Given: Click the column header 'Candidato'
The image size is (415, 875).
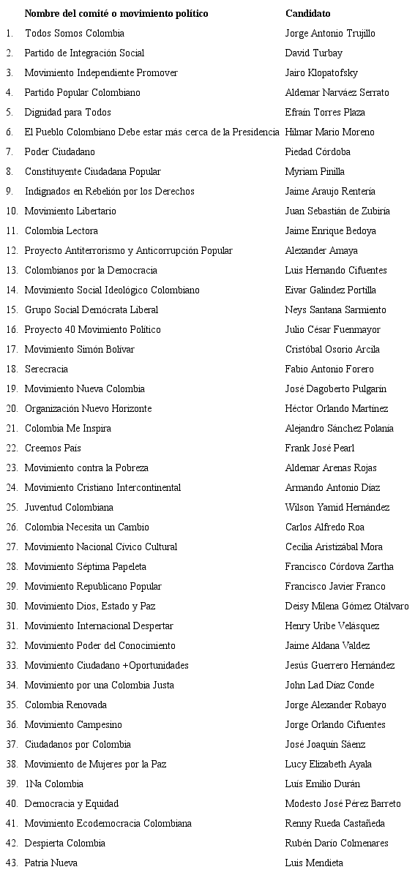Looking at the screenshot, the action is click(307, 13).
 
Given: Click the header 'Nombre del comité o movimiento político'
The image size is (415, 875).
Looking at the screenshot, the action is click(116, 13).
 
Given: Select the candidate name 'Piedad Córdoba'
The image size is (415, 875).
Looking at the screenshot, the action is click(318, 151).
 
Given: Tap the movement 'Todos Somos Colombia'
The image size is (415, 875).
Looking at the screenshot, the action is click(74, 33).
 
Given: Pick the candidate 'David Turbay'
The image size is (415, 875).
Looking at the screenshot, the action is click(313, 53).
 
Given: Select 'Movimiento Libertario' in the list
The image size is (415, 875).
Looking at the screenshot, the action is click(70, 211).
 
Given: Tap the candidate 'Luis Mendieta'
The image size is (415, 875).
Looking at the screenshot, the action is click(314, 863).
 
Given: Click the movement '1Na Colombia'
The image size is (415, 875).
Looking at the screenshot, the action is click(54, 784).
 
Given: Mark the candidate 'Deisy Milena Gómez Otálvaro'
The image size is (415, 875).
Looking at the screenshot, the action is click(347, 606).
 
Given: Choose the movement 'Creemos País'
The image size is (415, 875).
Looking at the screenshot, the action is click(53, 448).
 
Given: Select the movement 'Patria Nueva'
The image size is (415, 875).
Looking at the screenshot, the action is click(51, 863).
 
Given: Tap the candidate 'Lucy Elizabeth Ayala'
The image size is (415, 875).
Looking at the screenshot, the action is click(328, 764).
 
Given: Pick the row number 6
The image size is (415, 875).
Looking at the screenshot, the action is click(9, 132).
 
